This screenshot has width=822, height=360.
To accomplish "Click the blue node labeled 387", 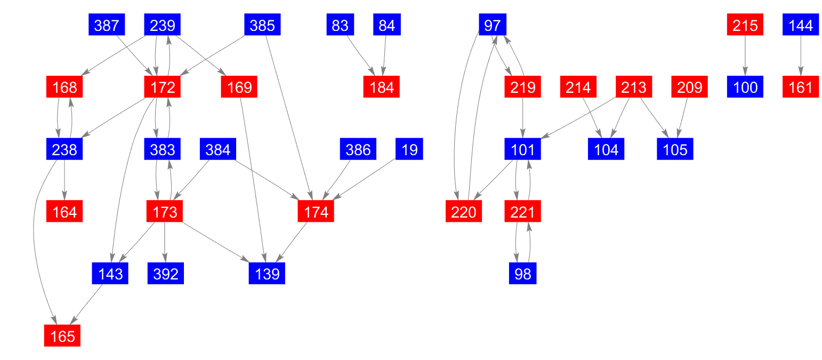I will click(107, 25).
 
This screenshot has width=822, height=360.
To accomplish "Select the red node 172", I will click(163, 87).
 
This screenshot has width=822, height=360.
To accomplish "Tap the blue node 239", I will click(163, 25).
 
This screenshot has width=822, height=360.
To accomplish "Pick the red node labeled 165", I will click(62, 336).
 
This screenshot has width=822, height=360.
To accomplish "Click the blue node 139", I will click(267, 274).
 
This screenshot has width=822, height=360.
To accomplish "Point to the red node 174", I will click(316, 212).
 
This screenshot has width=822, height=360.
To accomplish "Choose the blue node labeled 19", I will click(409, 150).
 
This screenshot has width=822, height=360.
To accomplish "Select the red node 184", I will click(382, 87).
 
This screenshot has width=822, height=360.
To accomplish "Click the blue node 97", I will click(493, 25).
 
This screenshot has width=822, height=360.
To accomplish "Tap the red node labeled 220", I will click(464, 212).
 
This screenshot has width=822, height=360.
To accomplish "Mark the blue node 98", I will click(522, 274).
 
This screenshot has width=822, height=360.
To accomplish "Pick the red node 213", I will click(634, 87).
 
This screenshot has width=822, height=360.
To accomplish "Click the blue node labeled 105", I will click(675, 150).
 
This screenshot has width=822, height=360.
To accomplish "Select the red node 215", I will click(745, 25).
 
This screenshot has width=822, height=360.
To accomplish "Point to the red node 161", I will click(800, 87).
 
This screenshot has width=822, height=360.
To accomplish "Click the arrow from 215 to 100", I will click(745, 56).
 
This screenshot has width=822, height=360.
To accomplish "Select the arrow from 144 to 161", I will click(800, 56).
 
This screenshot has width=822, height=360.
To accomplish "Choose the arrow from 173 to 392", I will click(165, 243).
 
